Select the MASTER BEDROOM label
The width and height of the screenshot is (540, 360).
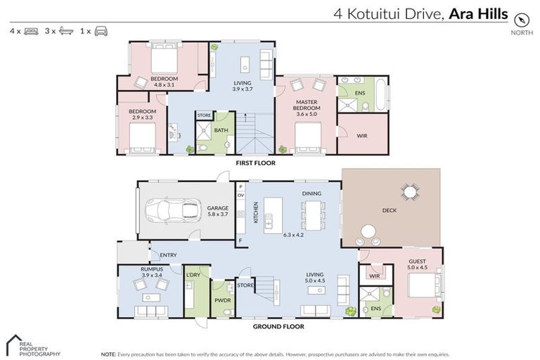pos(307,105)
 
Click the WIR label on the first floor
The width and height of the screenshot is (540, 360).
pos(363,136)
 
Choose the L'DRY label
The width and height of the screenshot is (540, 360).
pos(193,275)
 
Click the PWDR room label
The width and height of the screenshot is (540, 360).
pos(222,300)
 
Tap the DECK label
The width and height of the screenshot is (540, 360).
pos(390,210)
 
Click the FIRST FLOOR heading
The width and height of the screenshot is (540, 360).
pos(255,163)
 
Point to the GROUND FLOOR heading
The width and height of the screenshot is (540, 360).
pos(278,326)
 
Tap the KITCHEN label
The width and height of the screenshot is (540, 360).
pos(256,213)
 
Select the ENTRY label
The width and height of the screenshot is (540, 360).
pos(168,255)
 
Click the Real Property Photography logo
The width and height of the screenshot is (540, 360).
pos(32,345)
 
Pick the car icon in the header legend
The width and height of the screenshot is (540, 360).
pos(101,32)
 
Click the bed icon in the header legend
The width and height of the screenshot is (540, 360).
pos(31,32)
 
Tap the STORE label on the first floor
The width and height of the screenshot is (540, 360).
pos(204,115)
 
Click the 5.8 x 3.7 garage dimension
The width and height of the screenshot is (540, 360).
pos(217,216)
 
